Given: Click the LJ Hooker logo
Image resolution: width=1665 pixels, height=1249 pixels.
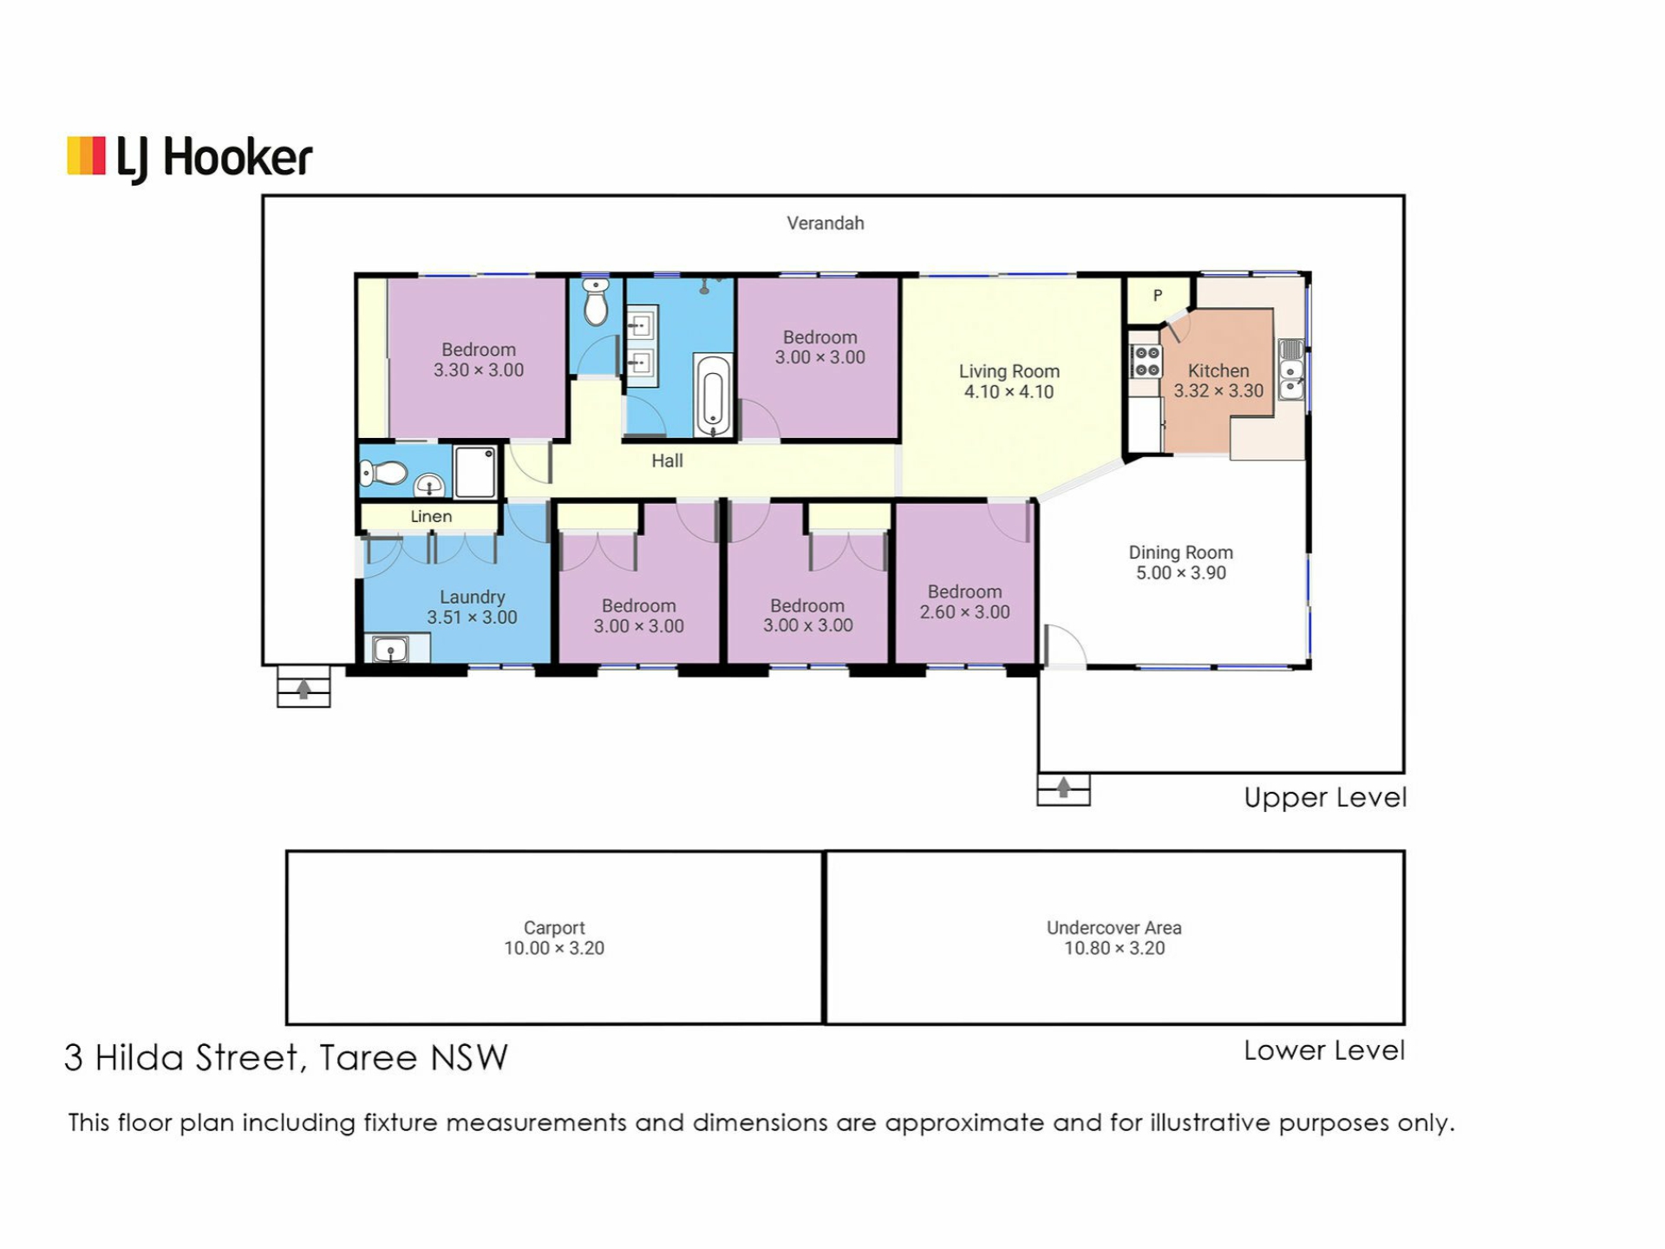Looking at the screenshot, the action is click(189, 159).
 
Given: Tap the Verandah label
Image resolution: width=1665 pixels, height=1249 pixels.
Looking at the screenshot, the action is click(825, 224).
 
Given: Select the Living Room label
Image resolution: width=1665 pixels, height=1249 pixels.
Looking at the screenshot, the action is click(1009, 371).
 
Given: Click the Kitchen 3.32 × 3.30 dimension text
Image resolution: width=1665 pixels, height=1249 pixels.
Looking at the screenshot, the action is click(1218, 391).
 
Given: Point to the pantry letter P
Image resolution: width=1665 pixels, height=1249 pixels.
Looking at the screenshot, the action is click(1157, 296).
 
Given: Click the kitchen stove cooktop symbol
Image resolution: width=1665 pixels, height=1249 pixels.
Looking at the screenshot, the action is click(1146, 361).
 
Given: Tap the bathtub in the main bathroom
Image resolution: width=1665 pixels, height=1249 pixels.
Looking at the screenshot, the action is click(713, 396).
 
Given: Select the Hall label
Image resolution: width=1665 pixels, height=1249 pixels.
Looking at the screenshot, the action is click(667, 461).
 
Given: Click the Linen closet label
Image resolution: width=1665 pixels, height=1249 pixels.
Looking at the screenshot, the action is click(431, 517).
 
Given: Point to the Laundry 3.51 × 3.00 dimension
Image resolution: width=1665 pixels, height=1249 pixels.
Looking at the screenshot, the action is click(472, 618).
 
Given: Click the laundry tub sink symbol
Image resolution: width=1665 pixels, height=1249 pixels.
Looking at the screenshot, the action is click(391, 649).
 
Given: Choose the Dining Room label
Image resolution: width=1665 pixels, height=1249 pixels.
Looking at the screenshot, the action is click(1180, 553).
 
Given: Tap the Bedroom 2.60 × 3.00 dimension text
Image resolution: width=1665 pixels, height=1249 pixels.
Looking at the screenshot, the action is click(964, 612).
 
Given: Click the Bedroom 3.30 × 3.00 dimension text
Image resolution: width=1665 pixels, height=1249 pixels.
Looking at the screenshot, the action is click(479, 370).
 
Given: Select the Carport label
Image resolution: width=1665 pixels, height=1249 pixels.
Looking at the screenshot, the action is click(554, 928).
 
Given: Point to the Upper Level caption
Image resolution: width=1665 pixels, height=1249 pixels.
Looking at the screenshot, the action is click(1325, 798).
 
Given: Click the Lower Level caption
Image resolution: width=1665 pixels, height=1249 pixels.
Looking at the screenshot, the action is click(1324, 1050).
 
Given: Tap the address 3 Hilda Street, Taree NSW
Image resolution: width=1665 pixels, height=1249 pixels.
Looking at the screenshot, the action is click(286, 1058).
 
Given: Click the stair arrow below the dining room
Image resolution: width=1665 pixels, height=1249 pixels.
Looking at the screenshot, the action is click(1063, 787).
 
